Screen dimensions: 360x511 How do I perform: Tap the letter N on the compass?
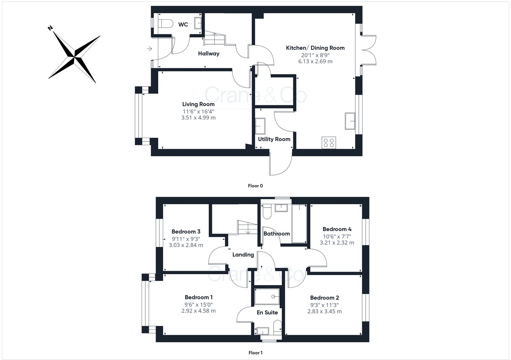(x=50, y=28)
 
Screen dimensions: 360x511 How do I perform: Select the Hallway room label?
(x=209, y=54)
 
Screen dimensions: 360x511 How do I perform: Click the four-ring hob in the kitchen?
(x=329, y=143)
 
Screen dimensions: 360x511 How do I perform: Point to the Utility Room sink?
(x=260, y=126)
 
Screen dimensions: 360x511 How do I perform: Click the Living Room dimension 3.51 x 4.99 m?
(x=198, y=118)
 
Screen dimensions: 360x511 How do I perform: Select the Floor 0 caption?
(x=255, y=186)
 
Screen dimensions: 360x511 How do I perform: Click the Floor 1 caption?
(x=255, y=353)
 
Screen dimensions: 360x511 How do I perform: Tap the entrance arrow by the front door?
(x=150, y=49)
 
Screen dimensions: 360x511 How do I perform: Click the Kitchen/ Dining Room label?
(x=315, y=48)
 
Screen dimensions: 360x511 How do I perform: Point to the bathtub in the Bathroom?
(x=299, y=223)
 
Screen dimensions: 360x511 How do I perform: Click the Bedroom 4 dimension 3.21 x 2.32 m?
(x=337, y=242)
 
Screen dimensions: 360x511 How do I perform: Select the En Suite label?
(x=267, y=312)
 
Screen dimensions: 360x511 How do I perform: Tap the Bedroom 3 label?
(x=186, y=232)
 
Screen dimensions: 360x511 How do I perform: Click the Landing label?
(x=243, y=255)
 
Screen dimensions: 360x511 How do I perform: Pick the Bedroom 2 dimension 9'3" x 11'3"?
(x=324, y=305)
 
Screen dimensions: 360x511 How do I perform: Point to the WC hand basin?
(x=198, y=23)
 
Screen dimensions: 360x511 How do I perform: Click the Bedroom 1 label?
(x=199, y=297)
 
